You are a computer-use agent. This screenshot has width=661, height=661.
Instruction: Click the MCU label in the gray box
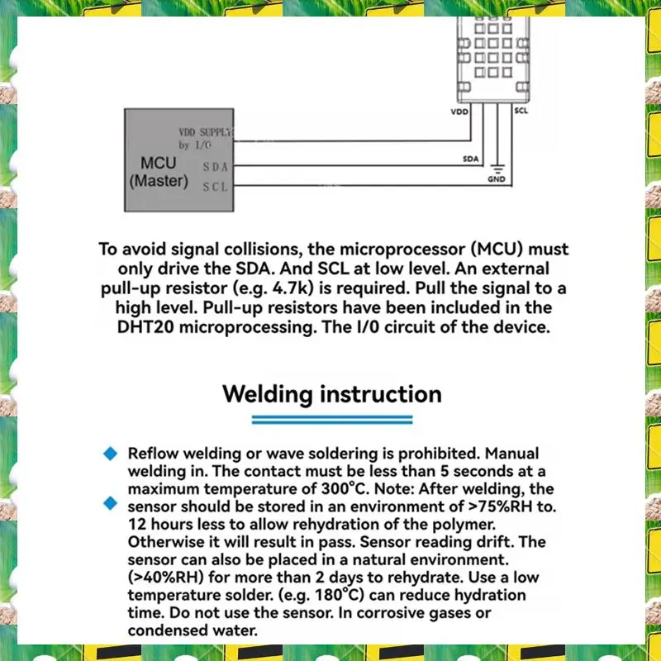coord(159,164)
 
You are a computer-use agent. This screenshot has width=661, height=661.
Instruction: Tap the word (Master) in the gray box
coord(159,181)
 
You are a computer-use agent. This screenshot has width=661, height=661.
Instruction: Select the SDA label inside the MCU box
coord(215,168)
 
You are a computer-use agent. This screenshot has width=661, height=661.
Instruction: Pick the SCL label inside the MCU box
coord(215,187)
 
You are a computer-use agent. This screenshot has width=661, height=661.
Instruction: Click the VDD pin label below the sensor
coord(459,111)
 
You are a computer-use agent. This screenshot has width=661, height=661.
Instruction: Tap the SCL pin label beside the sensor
coord(521,111)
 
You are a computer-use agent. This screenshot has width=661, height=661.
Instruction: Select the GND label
coord(497,179)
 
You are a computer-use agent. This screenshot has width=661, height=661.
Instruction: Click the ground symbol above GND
coord(497,169)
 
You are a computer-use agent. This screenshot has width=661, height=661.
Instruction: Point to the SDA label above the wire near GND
coord(470,159)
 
